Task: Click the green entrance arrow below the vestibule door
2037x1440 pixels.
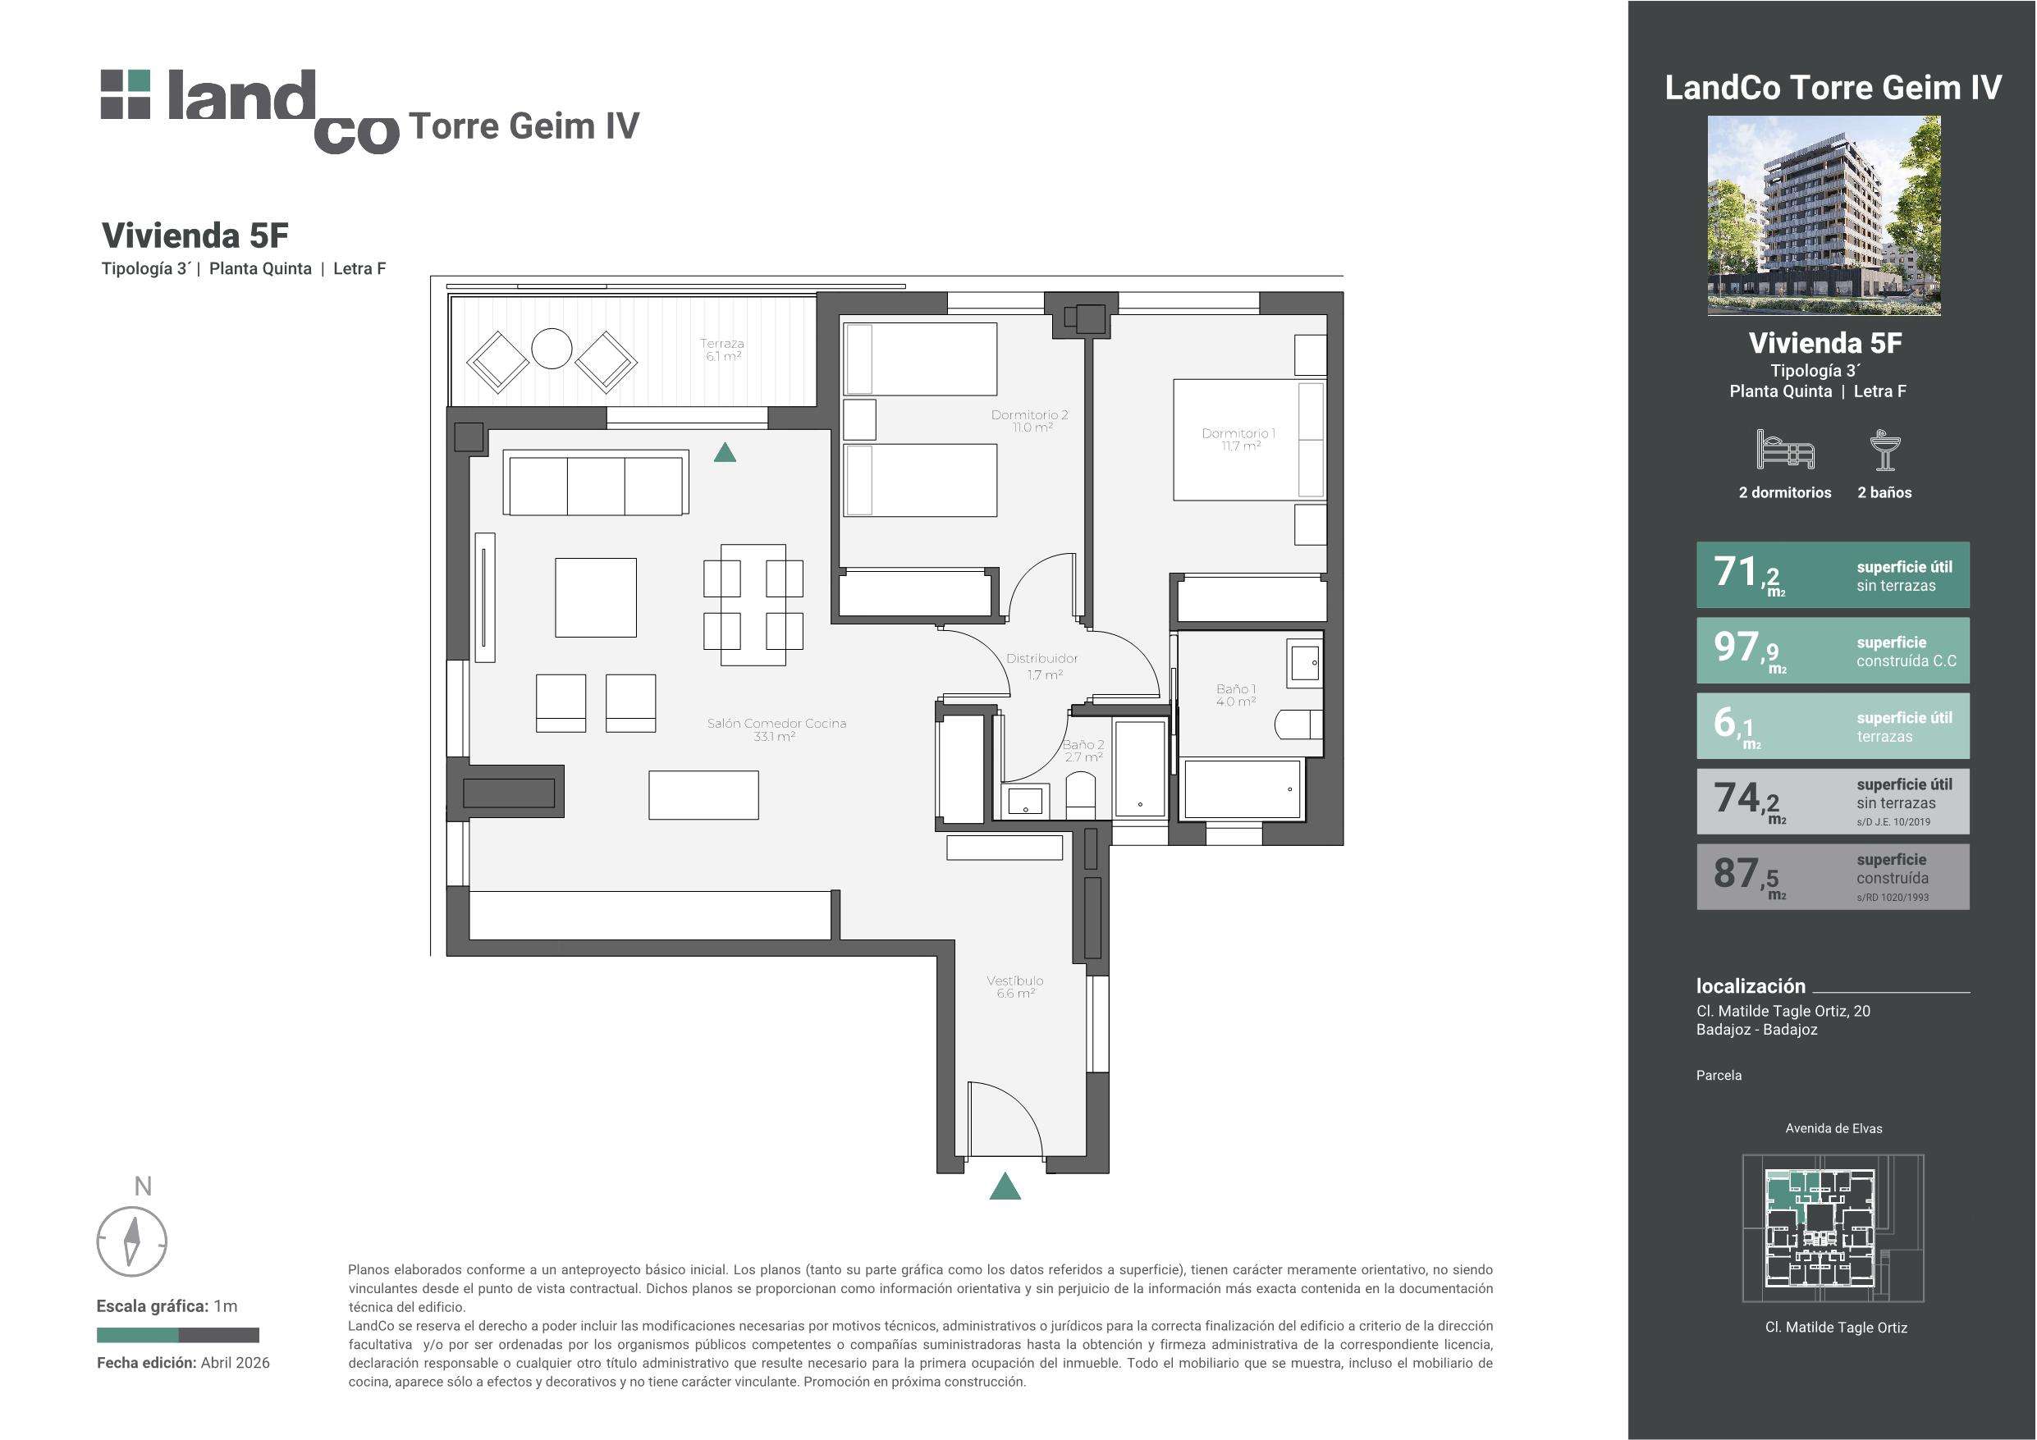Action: [1005, 1186]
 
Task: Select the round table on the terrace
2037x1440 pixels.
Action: [551, 350]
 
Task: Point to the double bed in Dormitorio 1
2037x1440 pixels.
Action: [1249, 440]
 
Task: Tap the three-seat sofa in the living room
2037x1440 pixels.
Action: [595, 482]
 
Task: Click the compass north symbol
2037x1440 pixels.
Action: [131, 1241]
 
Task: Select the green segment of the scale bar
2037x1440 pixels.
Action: [138, 1334]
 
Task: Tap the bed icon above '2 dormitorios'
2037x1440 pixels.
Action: [1785, 450]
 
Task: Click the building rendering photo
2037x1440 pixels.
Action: [1824, 216]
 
